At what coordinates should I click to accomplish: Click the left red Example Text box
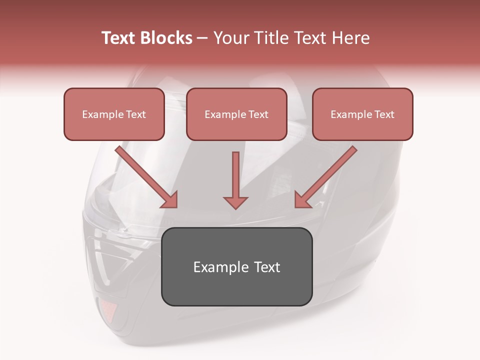click(114, 114)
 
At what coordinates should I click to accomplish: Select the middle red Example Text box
click(236, 114)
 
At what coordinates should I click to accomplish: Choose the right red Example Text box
click(362, 114)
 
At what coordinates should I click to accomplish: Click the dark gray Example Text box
click(236, 266)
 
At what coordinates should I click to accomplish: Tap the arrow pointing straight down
click(236, 180)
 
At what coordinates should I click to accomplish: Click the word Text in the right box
click(384, 114)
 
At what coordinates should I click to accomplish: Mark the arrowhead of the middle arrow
click(236, 202)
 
